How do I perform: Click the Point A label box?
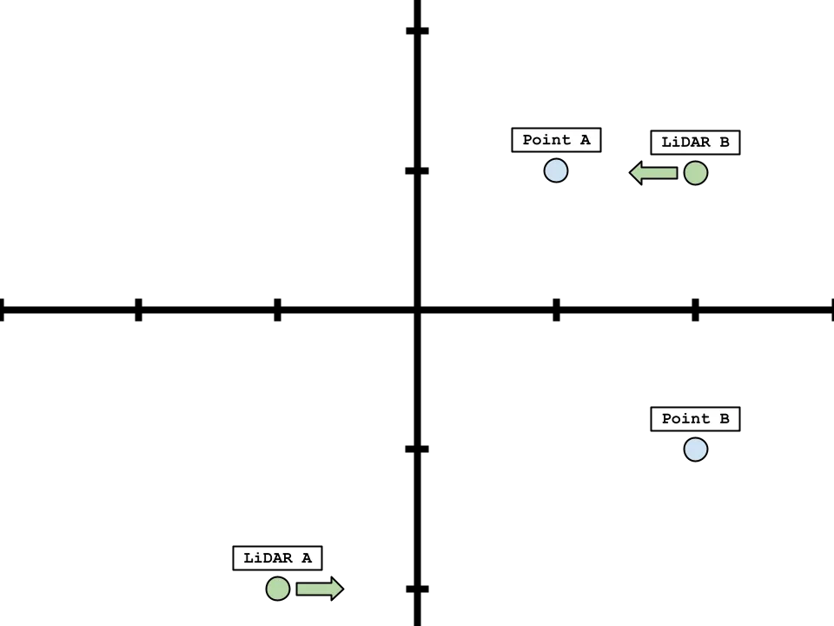click(x=556, y=140)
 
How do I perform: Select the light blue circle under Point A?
click(x=556, y=170)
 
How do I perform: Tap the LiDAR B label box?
click(x=695, y=143)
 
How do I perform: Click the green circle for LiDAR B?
click(x=695, y=173)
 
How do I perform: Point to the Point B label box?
click(x=695, y=419)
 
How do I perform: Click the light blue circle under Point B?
click(x=695, y=450)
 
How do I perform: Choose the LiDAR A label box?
click(x=278, y=558)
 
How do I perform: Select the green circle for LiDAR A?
click(x=278, y=589)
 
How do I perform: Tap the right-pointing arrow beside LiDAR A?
click(x=319, y=589)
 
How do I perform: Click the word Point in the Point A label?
click(x=546, y=140)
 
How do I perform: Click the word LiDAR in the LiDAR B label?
click(x=684, y=143)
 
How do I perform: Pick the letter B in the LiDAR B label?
click(x=724, y=143)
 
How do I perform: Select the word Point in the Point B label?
click(x=685, y=419)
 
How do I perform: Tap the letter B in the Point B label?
click(x=724, y=419)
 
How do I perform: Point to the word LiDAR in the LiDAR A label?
click(x=267, y=558)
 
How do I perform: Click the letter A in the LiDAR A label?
click(x=307, y=558)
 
